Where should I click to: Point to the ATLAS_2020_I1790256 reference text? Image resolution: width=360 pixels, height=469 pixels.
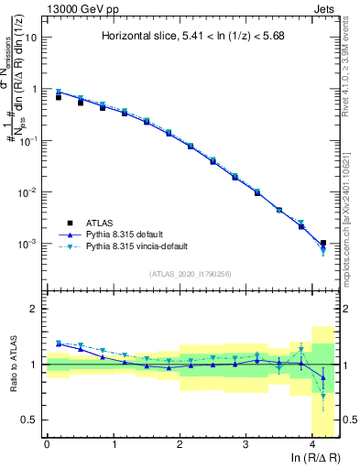point(190,274)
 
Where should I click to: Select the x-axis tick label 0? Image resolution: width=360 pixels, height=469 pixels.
point(47,443)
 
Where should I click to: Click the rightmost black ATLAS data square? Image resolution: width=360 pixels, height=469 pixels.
point(322,243)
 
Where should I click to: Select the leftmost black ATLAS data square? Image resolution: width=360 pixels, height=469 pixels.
point(59,96)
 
